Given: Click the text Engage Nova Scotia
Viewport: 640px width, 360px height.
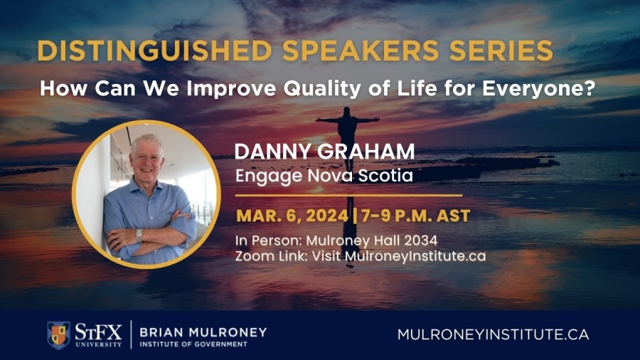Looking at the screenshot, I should point(324,174).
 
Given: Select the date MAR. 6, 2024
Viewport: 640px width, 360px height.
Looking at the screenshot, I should point(292,214).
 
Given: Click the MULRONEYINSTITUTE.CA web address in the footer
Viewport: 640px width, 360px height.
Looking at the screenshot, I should point(494,334).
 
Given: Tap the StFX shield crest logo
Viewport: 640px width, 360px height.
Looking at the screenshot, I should point(58,334).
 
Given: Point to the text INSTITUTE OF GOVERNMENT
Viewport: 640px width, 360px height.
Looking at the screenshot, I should point(193,344).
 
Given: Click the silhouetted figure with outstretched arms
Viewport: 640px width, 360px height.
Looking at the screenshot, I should point(347,129).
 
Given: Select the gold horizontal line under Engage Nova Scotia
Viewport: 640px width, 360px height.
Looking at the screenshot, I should point(348,194).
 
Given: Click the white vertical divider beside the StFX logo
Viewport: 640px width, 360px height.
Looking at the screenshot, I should point(131,334).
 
